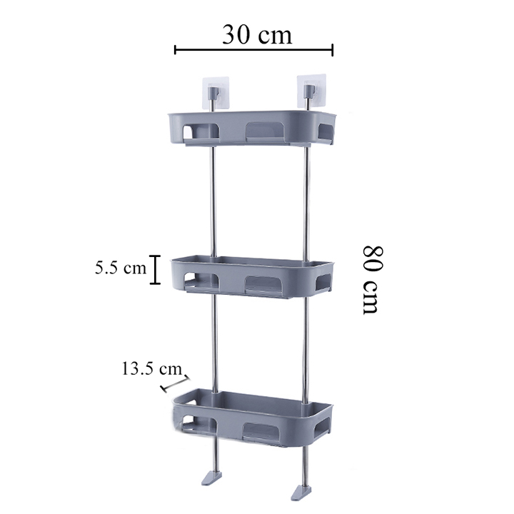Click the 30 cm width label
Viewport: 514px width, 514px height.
[256, 34]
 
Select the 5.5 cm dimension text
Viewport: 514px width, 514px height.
[120, 269]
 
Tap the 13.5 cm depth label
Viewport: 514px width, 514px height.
[151, 369]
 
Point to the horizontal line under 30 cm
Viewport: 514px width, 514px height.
[253, 50]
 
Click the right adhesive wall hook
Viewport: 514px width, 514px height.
[309, 91]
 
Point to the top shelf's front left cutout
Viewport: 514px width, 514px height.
[202, 131]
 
